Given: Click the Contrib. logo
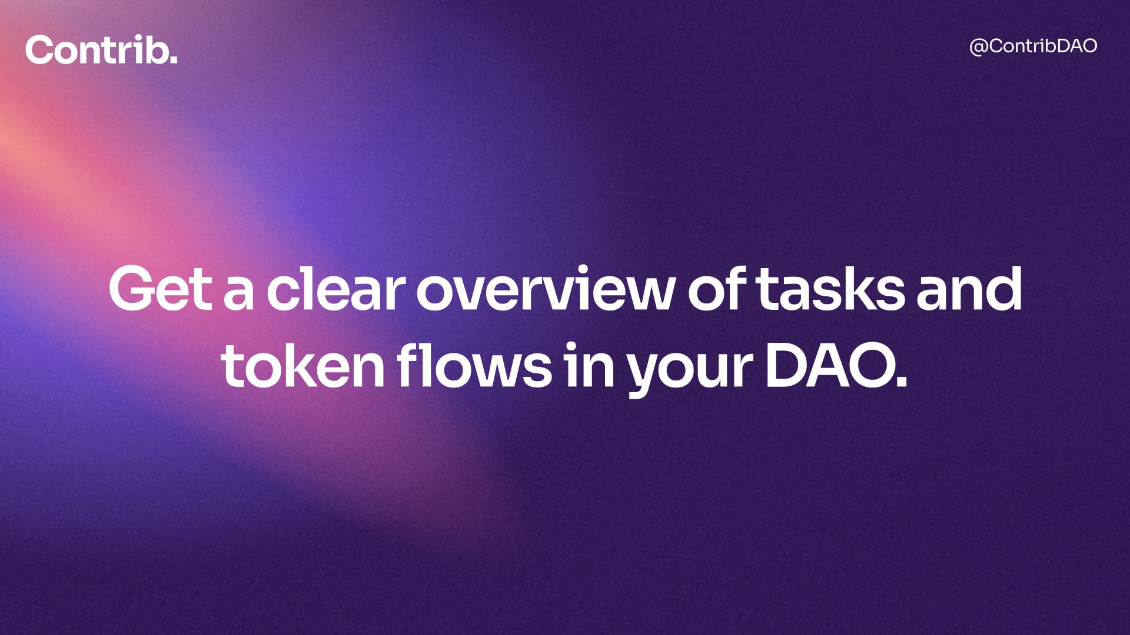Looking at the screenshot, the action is coord(101,50).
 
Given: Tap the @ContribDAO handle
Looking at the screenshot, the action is coord(1033,46).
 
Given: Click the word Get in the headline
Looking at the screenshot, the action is coord(160,288).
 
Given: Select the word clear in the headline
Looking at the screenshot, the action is coord(335,288).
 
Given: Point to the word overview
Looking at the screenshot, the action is coord(545,288).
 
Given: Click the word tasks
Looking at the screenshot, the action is coord(830,288).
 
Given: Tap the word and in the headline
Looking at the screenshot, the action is coord(969,288).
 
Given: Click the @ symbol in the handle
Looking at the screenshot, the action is coord(979,47).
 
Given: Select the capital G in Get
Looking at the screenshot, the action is coord(131,288).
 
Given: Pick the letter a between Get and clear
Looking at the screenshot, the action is coord(239,294).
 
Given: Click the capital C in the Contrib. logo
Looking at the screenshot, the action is coord(39,50).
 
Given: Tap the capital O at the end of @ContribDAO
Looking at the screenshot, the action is coord(1087,46).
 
